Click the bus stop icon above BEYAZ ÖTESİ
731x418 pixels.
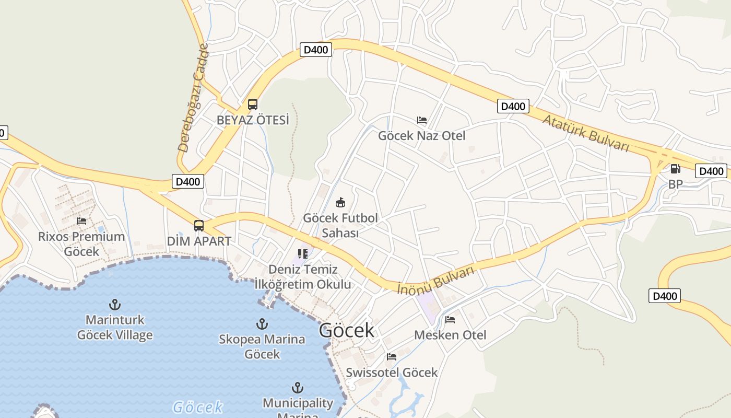(253, 104)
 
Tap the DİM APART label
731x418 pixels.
(199, 241)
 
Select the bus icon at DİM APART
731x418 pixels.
(199, 226)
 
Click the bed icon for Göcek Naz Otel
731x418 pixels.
(422, 120)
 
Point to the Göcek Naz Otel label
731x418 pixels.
(421, 136)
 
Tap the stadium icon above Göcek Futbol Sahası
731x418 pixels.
(340, 202)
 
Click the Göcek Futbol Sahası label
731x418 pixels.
(340, 225)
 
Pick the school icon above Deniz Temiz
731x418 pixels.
(303, 254)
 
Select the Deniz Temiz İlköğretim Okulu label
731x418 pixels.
(303, 277)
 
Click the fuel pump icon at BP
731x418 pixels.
(675, 169)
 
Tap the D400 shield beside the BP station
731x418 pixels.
(711, 171)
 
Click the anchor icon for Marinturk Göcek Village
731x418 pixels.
(115, 304)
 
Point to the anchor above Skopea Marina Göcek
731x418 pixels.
(262, 324)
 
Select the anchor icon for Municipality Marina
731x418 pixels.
(298, 388)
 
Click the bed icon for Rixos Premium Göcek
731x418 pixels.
(81, 221)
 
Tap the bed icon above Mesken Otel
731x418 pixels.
(450, 320)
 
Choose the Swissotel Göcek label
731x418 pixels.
(392, 373)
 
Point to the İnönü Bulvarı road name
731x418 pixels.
(436, 280)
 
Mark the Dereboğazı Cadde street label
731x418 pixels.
(193, 98)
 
